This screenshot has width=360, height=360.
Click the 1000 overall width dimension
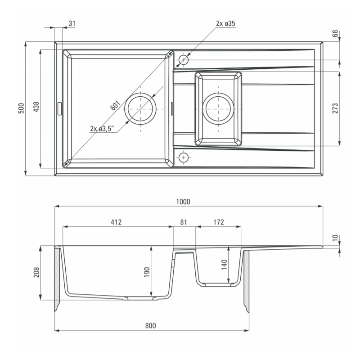point(183,202)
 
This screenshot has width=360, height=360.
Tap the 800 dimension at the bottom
point(150,325)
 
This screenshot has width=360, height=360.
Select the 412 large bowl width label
point(116,222)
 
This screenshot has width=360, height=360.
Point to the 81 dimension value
point(184,222)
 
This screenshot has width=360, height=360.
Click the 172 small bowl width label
point(218,222)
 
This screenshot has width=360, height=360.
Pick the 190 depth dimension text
point(147,272)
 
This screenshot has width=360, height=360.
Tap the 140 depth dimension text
point(224,265)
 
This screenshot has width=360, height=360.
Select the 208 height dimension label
point(36,272)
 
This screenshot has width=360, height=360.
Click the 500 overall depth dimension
point(21,108)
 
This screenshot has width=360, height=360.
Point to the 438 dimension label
point(36,107)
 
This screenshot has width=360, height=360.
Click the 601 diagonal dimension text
point(115,105)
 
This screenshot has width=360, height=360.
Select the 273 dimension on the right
point(335,108)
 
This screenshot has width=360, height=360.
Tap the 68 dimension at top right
point(335,33)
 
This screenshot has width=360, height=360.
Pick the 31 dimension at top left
point(72,23)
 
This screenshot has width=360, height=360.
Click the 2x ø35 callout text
point(226,23)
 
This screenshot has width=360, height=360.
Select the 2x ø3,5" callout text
point(102,129)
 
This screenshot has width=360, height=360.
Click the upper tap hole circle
point(184,60)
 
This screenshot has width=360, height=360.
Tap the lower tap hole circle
point(184,158)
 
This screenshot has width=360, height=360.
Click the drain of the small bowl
point(218,109)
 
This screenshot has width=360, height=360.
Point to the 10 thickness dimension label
point(335,238)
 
